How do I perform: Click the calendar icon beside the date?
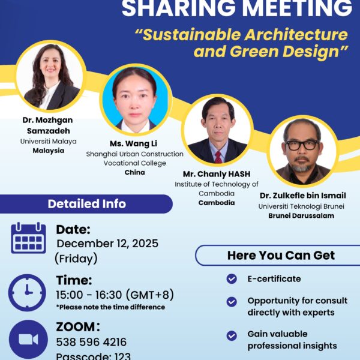(x=28, y=238)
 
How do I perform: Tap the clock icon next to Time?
(x=27, y=292)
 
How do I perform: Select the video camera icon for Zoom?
(x=28, y=339)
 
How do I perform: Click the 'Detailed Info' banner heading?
(x=86, y=204)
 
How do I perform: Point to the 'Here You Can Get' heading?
(x=281, y=255)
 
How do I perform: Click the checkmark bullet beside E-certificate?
(x=231, y=279)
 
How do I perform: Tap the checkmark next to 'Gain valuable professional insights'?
(x=231, y=335)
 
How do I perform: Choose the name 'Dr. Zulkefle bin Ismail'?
(x=302, y=196)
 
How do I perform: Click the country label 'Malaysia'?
(x=48, y=151)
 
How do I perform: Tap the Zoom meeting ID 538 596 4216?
(x=91, y=343)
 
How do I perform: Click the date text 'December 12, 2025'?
(x=107, y=244)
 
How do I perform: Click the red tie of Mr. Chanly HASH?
(x=217, y=155)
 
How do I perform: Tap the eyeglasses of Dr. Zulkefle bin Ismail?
(x=302, y=145)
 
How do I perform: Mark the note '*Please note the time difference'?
(x=110, y=307)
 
